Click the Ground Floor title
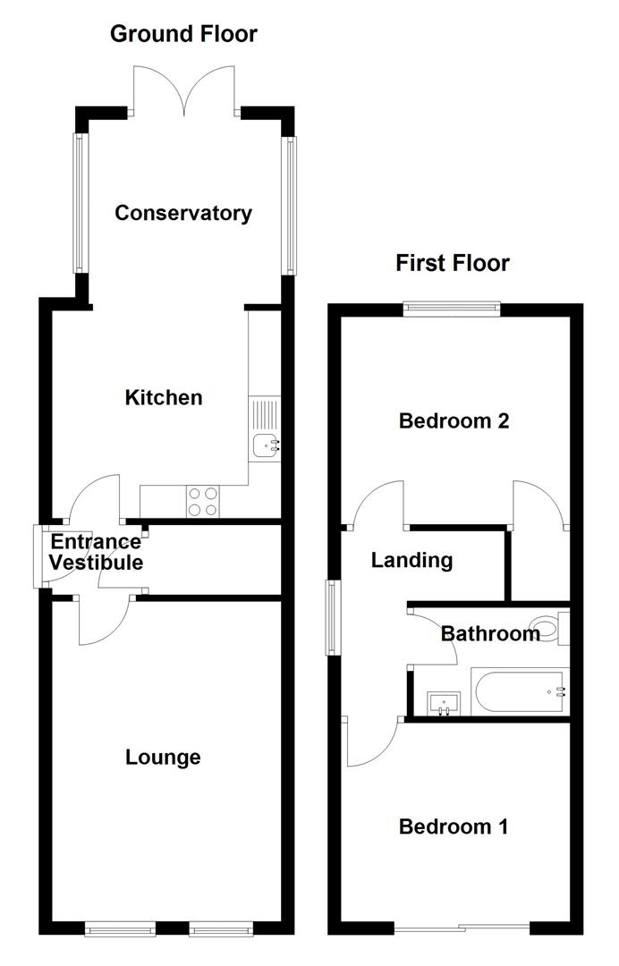(x=183, y=34)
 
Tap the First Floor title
(x=453, y=263)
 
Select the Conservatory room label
(x=183, y=213)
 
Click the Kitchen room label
(x=164, y=397)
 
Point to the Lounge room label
(x=163, y=758)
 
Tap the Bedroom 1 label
(x=454, y=826)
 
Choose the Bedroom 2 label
(x=454, y=420)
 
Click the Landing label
(x=411, y=561)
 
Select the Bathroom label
(x=490, y=634)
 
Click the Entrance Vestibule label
(x=96, y=553)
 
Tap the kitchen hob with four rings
(x=203, y=501)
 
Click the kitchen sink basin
(x=266, y=445)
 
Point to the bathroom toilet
(x=547, y=627)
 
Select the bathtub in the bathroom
(x=519, y=692)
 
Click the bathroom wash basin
(x=443, y=702)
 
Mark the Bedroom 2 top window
(x=451, y=309)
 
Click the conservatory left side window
(x=79, y=203)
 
